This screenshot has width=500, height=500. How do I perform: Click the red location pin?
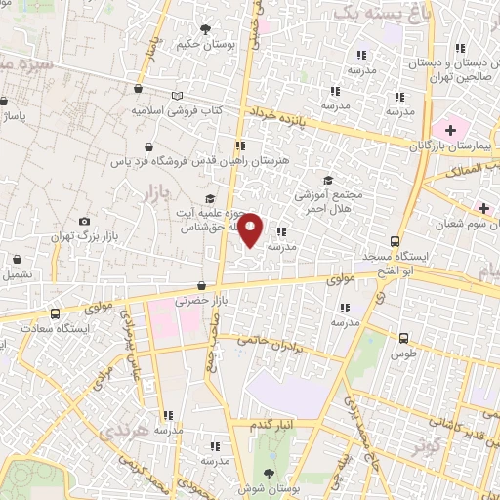tap(251, 229)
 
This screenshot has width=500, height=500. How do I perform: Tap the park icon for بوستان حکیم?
tap(205, 30)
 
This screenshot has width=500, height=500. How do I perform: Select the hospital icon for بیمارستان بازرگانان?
tap(450, 130)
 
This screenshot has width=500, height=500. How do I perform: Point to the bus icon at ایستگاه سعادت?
tap(54, 315)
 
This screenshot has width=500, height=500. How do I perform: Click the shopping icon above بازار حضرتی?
tap(201, 286)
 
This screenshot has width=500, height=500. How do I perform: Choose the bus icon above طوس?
tap(404, 337)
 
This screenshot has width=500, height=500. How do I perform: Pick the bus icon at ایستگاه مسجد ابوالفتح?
tap(396, 241)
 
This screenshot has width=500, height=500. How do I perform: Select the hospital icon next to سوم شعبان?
tap(484, 208)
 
